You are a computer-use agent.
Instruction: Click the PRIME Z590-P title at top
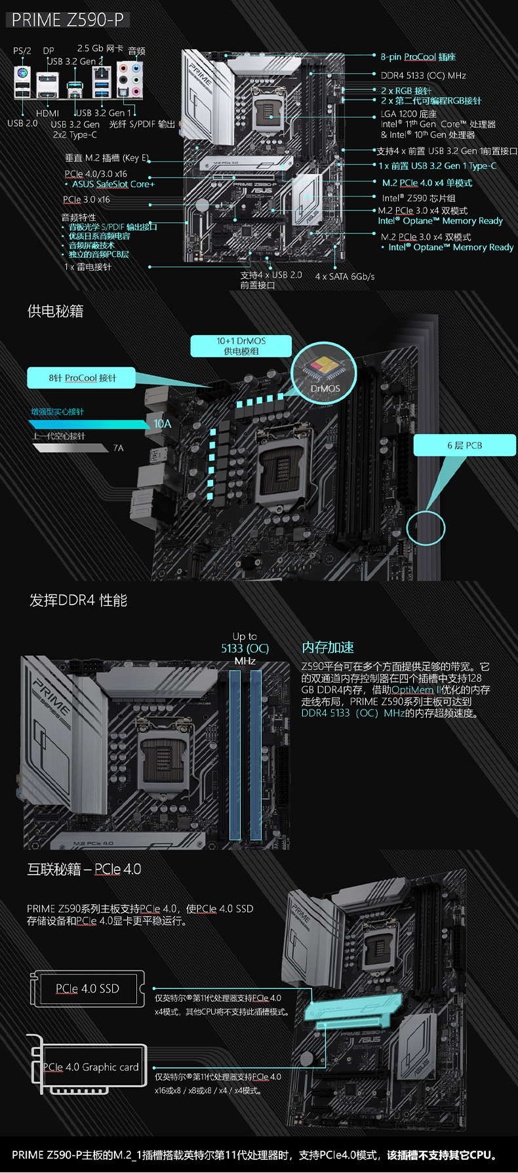[68, 20]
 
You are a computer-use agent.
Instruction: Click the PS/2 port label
[22, 50]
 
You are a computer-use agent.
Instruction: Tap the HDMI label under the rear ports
[47, 113]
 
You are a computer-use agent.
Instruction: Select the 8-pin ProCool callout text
[418, 57]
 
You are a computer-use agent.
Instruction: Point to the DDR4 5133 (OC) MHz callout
[423, 75]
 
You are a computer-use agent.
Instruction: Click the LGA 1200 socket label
[408, 113]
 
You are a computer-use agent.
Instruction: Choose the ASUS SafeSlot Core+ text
[113, 184]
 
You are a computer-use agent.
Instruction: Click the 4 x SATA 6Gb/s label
[345, 277]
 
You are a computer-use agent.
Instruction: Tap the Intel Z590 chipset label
[418, 198]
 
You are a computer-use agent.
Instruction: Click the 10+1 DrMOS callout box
[241, 346]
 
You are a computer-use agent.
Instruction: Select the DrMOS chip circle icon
[324, 372]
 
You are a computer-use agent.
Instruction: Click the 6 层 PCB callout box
[464, 445]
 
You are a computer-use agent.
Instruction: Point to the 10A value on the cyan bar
[163, 424]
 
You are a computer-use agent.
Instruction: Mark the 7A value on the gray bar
[118, 448]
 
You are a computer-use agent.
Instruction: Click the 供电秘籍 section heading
[56, 311]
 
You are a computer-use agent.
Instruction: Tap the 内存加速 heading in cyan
[327, 647]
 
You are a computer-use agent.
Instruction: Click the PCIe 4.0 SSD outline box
[87, 989]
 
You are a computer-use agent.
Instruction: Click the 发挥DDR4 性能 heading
[78, 600]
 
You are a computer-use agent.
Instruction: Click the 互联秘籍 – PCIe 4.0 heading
[84, 869]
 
